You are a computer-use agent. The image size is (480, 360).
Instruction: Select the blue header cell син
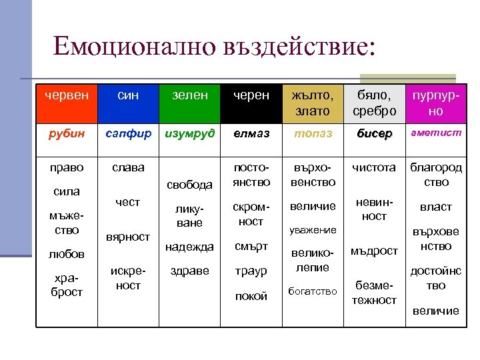pyautogui.click(x=127, y=96)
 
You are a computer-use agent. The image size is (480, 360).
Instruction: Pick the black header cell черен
pyautogui.click(x=251, y=96)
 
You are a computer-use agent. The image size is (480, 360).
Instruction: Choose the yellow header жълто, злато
pyautogui.click(x=312, y=103)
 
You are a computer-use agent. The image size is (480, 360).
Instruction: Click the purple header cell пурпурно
pyautogui.click(x=435, y=103)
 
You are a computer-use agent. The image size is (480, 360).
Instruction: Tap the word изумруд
pyautogui.click(x=191, y=133)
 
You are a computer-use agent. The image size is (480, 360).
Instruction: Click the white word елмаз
pyautogui.click(x=251, y=133)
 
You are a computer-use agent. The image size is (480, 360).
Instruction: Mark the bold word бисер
pyautogui.click(x=375, y=133)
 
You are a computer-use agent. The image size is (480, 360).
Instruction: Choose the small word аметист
pyautogui.click(x=436, y=133)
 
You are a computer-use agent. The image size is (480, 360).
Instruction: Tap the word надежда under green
pyautogui.click(x=191, y=246)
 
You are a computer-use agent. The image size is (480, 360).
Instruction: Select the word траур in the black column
pyautogui.click(x=251, y=271)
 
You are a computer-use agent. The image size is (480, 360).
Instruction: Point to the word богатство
pyautogui.click(x=312, y=291)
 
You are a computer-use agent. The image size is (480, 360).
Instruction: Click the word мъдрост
pyautogui.click(x=375, y=251)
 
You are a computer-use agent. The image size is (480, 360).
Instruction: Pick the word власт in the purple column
pyautogui.click(x=436, y=207)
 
